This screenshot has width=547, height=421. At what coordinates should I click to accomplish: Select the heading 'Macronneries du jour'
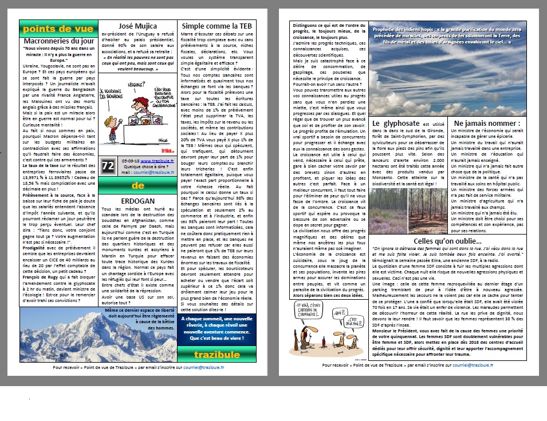click(x=58, y=41)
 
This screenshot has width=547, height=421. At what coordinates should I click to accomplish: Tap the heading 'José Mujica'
click(x=138, y=26)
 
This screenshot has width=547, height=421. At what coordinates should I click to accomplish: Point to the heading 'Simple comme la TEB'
click(x=217, y=26)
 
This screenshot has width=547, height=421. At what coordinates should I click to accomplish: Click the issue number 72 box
click(x=107, y=166)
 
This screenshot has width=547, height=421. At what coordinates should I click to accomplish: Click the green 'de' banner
click(x=138, y=185)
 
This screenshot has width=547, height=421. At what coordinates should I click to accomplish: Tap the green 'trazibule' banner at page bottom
click(x=217, y=355)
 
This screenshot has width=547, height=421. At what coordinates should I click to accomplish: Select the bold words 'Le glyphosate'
click(x=392, y=123)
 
